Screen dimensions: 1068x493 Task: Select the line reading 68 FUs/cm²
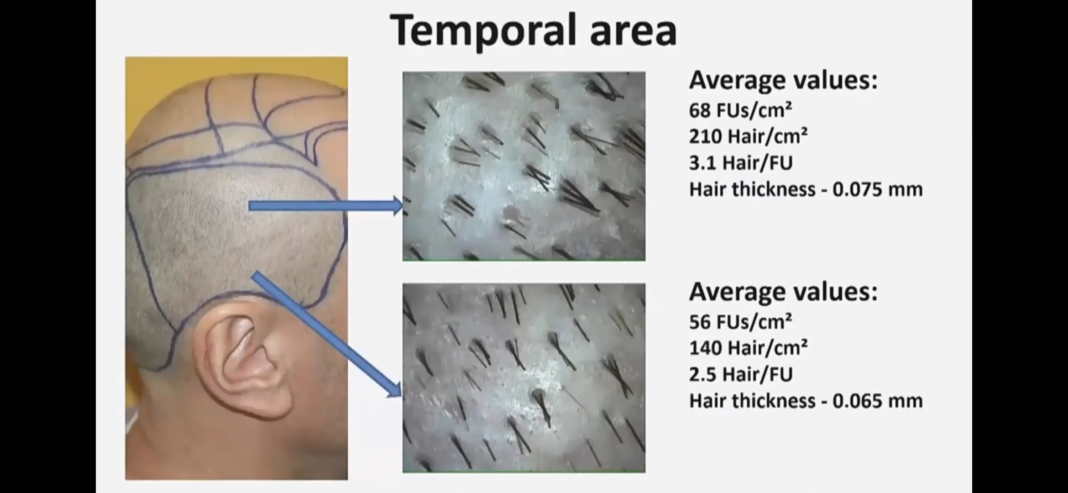pyautogui.click(x=740, y=110)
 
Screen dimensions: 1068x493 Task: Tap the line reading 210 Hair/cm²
pyautogui.click(x=748, y=136)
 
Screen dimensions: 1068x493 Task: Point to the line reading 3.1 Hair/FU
pyautogui.click(x=741, y=163)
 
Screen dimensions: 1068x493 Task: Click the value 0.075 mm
pyautogui.click(x=877, y=189)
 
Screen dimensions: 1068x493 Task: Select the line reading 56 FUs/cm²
pyautogui.click(x=740, y=322)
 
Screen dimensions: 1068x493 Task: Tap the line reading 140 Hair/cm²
pyautogui.click(x=748, y=348)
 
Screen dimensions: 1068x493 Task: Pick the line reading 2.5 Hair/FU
pyautogui.click(x=741, y=375)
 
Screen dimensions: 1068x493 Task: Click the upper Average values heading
pyautogui.click(x=783, y=80)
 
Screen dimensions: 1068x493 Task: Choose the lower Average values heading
pyautogui.click(x=783, y=292)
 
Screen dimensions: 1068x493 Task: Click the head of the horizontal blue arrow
pyautogui.click(x=397, y=206)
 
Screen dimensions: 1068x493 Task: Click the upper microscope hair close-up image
pyautogui.click(x=524, y=166)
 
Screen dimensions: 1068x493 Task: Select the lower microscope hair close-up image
pyautogui.click(x=524, y=378)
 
